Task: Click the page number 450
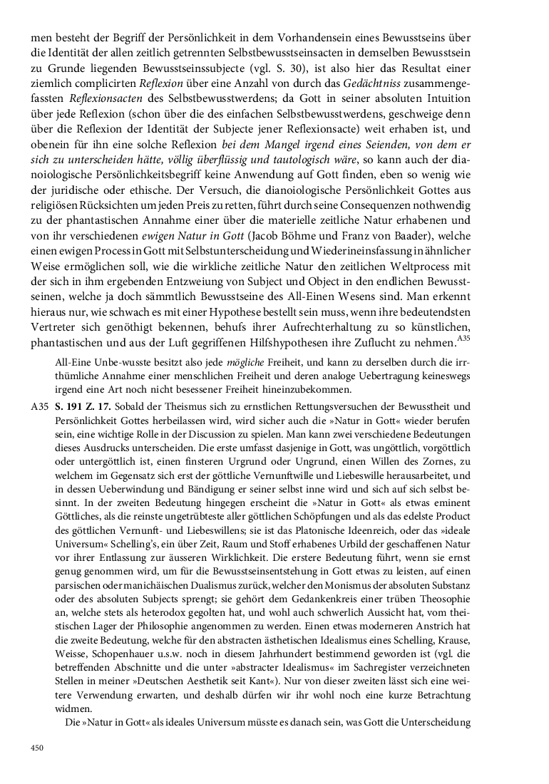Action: pyautogui.click(x=37, y=747)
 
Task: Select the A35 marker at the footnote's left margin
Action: pyautogui.click(x=40, y=407)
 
